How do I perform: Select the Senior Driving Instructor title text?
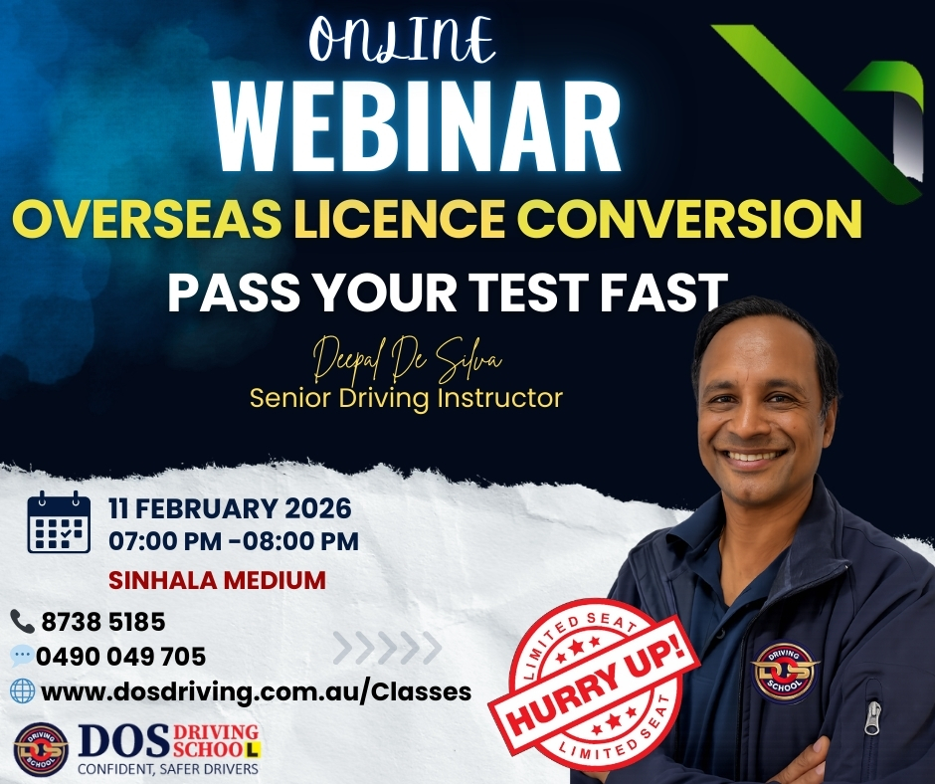click(406, 398)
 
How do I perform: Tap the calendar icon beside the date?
click(58, 522)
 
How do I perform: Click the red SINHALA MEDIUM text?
click(217, 580)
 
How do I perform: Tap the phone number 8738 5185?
click(102, 623)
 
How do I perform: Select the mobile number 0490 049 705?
click(120, 657)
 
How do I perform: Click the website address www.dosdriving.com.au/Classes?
click(256, 691)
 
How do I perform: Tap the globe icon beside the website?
click(22, 690)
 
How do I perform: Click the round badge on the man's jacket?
click(784, 671)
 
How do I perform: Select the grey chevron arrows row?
click(387, 648)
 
